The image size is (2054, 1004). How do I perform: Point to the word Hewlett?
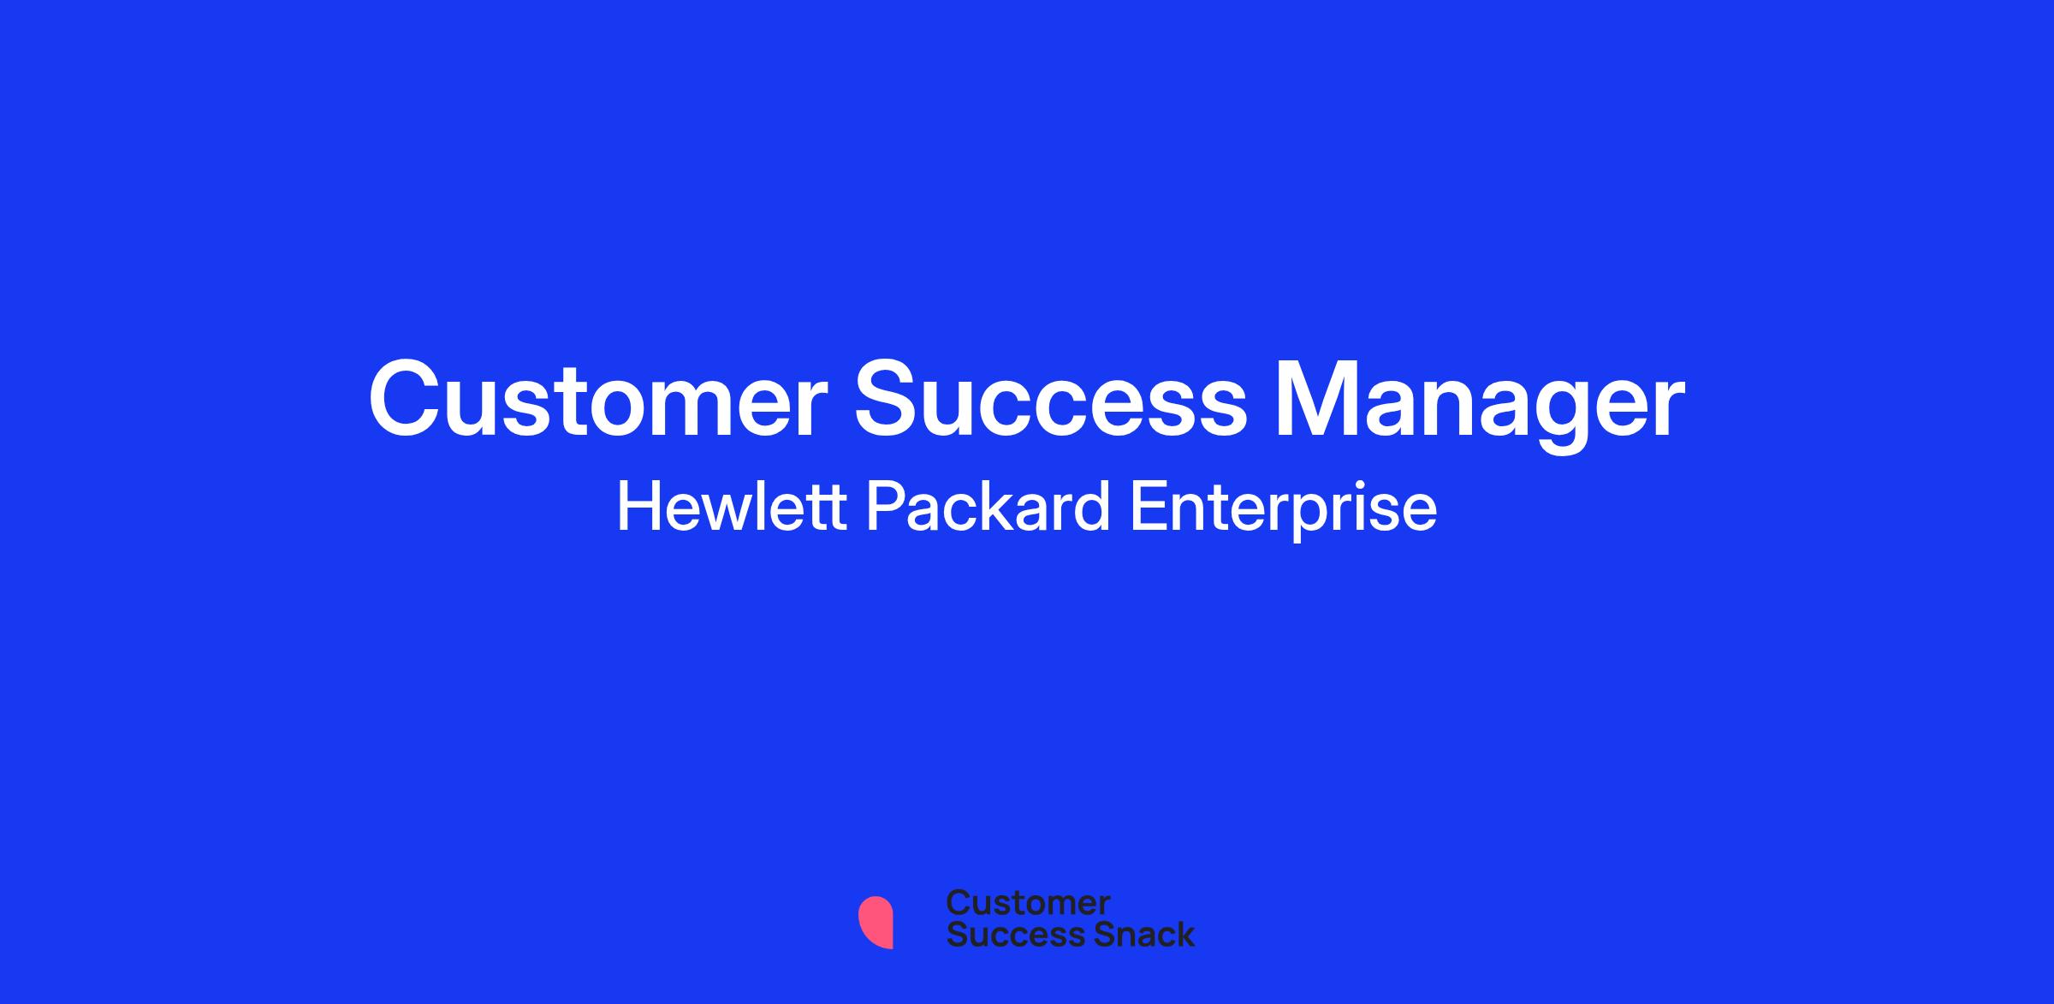[x=732, y=508]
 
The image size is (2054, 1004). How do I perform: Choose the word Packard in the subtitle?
[x=988, y=508]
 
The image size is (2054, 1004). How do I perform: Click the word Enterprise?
[x=1284, y=511]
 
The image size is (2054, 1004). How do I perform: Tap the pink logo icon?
[x=876, y=923]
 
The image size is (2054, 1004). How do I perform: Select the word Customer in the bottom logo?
[x=1028, y=903]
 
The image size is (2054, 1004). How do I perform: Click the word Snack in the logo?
[x=1132, y=935]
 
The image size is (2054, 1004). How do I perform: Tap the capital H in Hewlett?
[x=638, y=508]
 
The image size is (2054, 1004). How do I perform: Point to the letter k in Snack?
[x=1184, y=935]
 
